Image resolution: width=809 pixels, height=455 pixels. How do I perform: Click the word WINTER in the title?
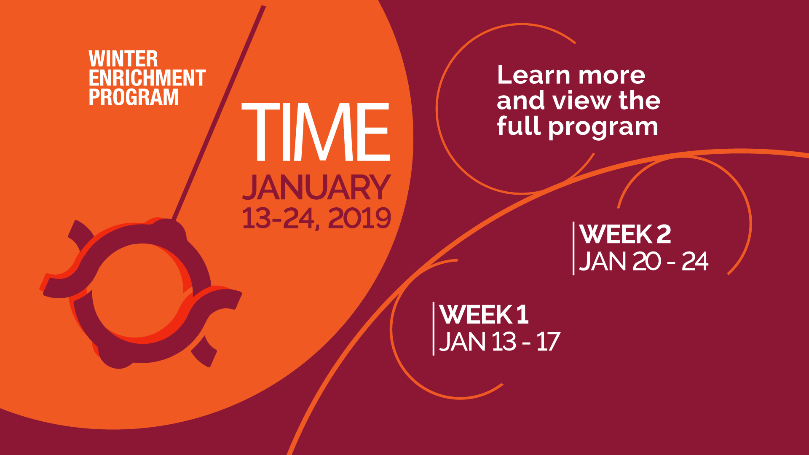(x=123, y=59)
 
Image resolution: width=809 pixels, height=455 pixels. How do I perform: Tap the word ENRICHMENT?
(x=147, y=78)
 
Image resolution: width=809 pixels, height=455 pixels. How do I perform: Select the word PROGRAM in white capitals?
(x=134, y=97)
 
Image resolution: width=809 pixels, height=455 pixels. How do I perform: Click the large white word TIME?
(x=316, y=132)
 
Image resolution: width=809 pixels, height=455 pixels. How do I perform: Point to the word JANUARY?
(x=316, y=187)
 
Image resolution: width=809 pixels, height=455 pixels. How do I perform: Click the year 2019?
(x=359, y=218)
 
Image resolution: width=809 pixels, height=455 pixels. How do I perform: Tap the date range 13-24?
(x=278, y=218)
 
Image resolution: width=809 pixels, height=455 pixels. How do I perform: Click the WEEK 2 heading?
(x=625, y=234)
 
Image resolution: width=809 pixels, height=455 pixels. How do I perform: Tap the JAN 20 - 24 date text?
(x=644, y=262)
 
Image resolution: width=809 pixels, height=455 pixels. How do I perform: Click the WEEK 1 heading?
(x=484, y=314)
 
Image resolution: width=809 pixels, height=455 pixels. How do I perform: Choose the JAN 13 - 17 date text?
(x=500, y=342)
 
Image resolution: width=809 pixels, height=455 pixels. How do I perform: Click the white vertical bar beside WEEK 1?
(x=434, y=329)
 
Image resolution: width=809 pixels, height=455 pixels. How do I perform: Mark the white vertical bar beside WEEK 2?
(x=573, y=248)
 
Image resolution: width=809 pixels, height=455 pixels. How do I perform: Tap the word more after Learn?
(x=612, y=76)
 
